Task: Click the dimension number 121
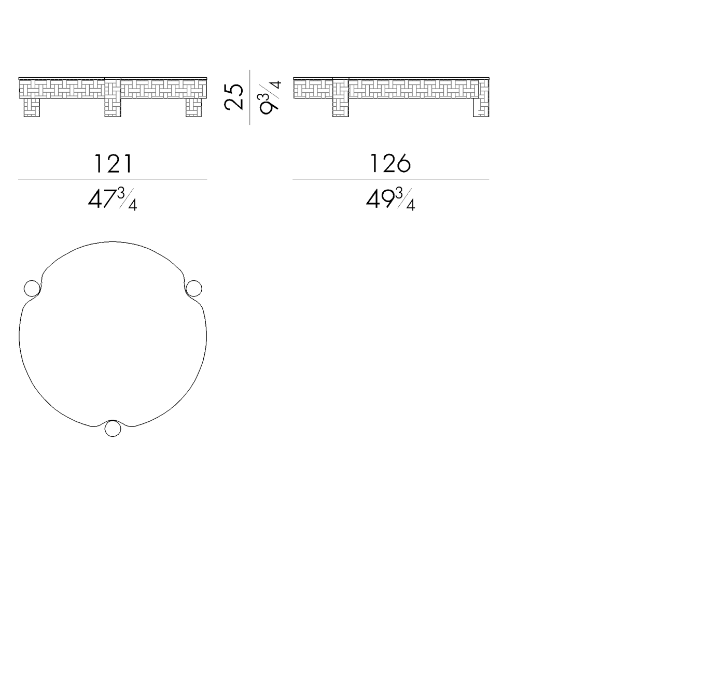click(x=113, y=164)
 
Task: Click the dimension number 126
click(x=390, y=164)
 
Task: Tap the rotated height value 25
click(x=234, y=97)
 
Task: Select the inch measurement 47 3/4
click(x=113, y=199)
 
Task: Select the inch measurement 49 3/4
click(x=390, y=199)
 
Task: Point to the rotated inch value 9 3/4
click(x=269, y=98)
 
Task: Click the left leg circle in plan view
click(x=32, y=288)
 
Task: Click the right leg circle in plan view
click(x=193, y=288)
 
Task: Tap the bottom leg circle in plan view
click(x=113, y=428)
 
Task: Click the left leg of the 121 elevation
click(x=32, y=107)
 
